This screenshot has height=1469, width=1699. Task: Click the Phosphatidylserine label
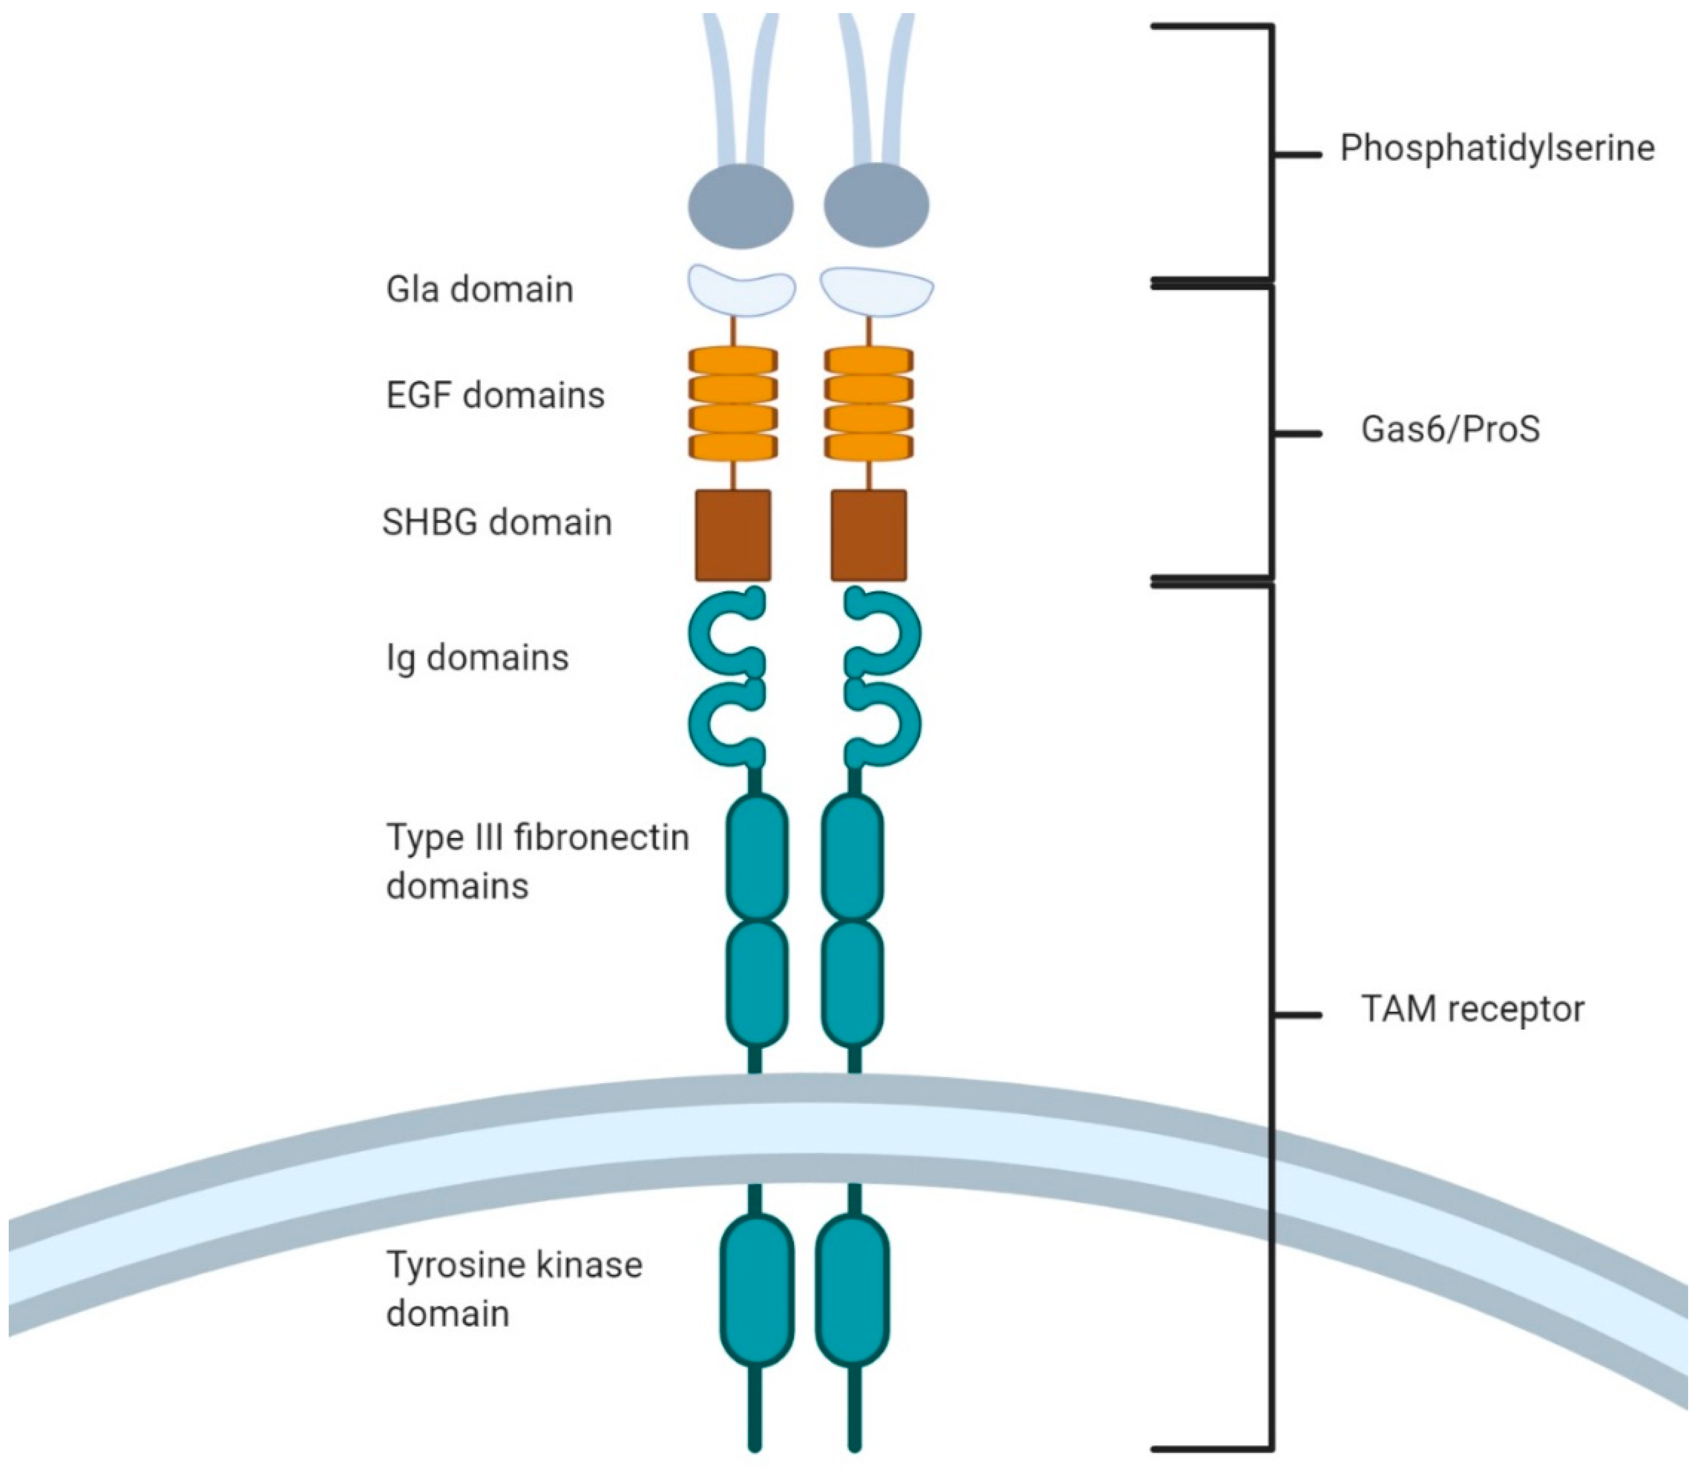1496,149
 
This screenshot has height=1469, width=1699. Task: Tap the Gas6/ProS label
1450,429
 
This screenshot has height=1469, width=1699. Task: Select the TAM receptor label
1472,1009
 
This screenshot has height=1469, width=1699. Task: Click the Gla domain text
480,290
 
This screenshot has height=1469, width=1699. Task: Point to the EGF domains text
495,396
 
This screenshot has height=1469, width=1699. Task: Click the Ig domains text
477,658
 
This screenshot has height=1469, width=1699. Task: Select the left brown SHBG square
733,536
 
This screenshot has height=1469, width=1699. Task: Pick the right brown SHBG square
869,536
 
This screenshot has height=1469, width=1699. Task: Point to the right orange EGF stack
869,403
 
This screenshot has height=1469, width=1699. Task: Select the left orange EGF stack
733,403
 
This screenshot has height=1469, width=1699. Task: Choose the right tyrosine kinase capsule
853,1291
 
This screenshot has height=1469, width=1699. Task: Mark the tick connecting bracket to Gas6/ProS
1297,434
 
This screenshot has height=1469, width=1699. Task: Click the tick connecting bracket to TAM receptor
1297,1015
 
